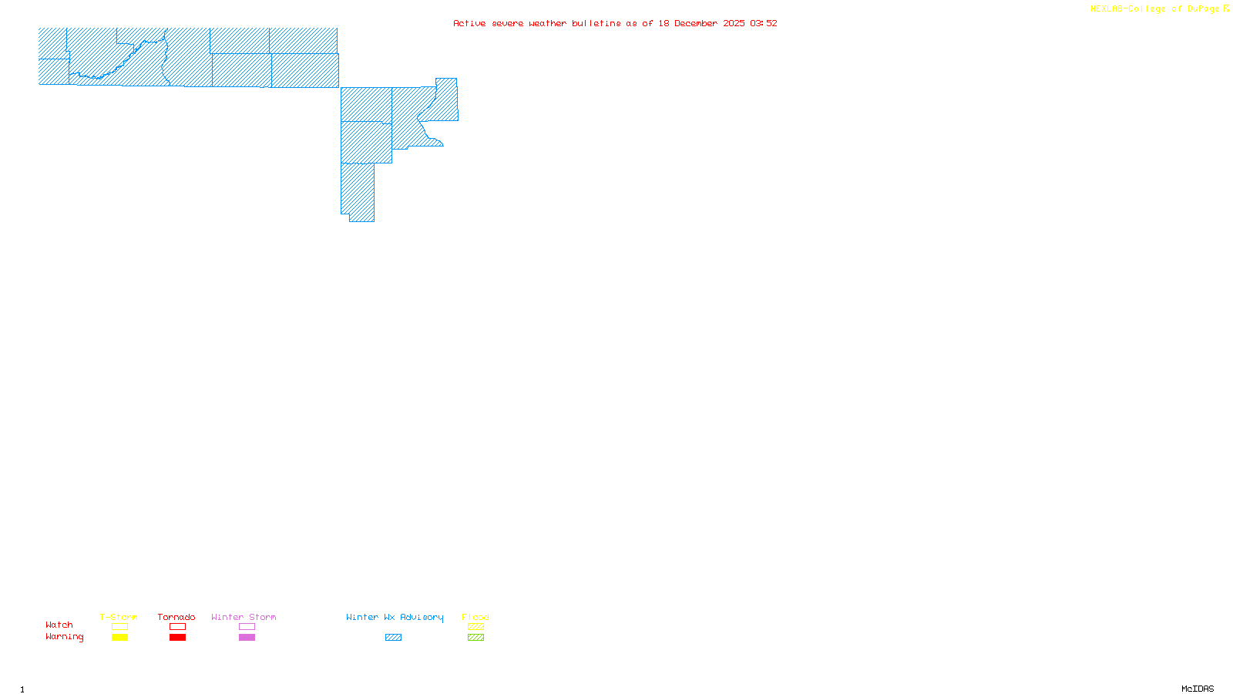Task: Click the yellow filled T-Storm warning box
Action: click(119, 638)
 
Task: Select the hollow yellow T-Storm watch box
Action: click(119, 627)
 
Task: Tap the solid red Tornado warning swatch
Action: click(177, 638)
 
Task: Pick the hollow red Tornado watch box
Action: click(177, 627)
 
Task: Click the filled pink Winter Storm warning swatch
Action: click(247, 638)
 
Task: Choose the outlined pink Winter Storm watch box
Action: click(247, 627)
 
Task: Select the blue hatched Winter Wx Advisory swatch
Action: click(393, 638)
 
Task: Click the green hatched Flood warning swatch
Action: click(475, 638)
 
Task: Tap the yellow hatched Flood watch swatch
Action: click(475, 627)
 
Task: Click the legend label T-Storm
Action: click(119, 617)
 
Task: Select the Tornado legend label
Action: click(176, 617)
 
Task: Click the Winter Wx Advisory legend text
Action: click(395, 617)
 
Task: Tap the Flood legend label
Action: click(475, 617)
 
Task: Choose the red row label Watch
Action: click(59, 625)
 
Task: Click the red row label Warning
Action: click(64, 637)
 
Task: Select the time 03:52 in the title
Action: click(764, 23)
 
